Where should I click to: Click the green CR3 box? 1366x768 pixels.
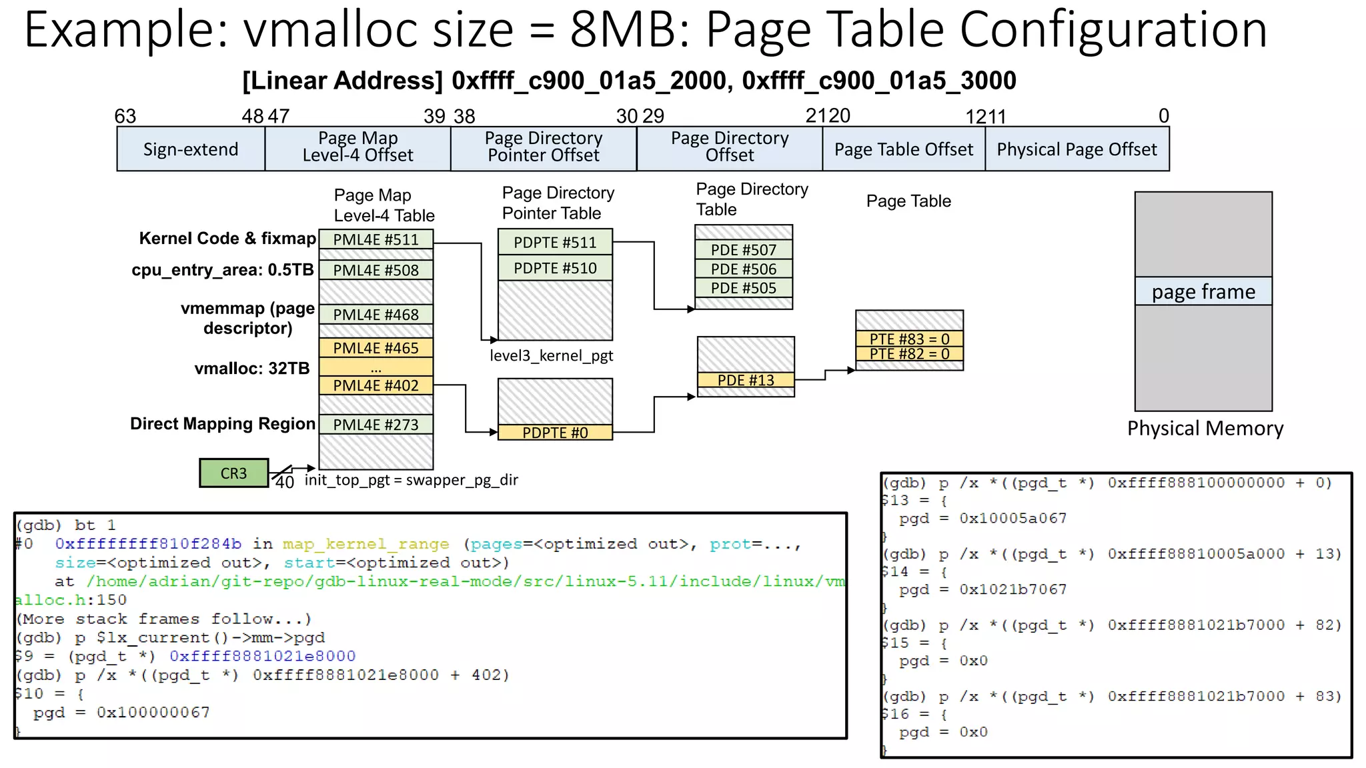pos(233,473)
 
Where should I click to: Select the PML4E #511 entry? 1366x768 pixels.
pos(376,239)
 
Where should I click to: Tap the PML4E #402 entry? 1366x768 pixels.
pos(376,385)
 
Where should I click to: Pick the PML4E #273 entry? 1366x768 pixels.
pos(376,425)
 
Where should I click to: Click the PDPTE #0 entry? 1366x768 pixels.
pos(555,433)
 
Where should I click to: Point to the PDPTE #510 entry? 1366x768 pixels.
pos(555,268)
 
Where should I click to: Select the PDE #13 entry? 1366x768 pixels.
pos(746,380)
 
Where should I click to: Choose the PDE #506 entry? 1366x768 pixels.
pos(744,269)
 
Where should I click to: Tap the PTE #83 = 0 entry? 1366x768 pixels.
pos(909,339)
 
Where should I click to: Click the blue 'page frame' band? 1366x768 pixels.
pos(1203,291)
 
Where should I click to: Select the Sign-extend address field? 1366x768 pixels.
pos(191,149)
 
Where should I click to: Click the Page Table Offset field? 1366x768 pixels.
pos(904,149)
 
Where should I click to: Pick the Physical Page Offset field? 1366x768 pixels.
pos(1077,149)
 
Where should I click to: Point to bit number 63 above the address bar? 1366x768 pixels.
pos(125,116)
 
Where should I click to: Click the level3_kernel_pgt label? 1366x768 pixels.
pos(551,355)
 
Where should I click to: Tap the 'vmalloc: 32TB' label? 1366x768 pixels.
pos(252,368)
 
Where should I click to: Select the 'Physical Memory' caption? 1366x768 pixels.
pos(1205,428)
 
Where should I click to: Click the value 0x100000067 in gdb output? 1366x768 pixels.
pos(153,713)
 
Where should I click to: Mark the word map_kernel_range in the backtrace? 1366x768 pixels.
pos(366,544)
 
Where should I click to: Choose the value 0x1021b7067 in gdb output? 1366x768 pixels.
pos(1012,589)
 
